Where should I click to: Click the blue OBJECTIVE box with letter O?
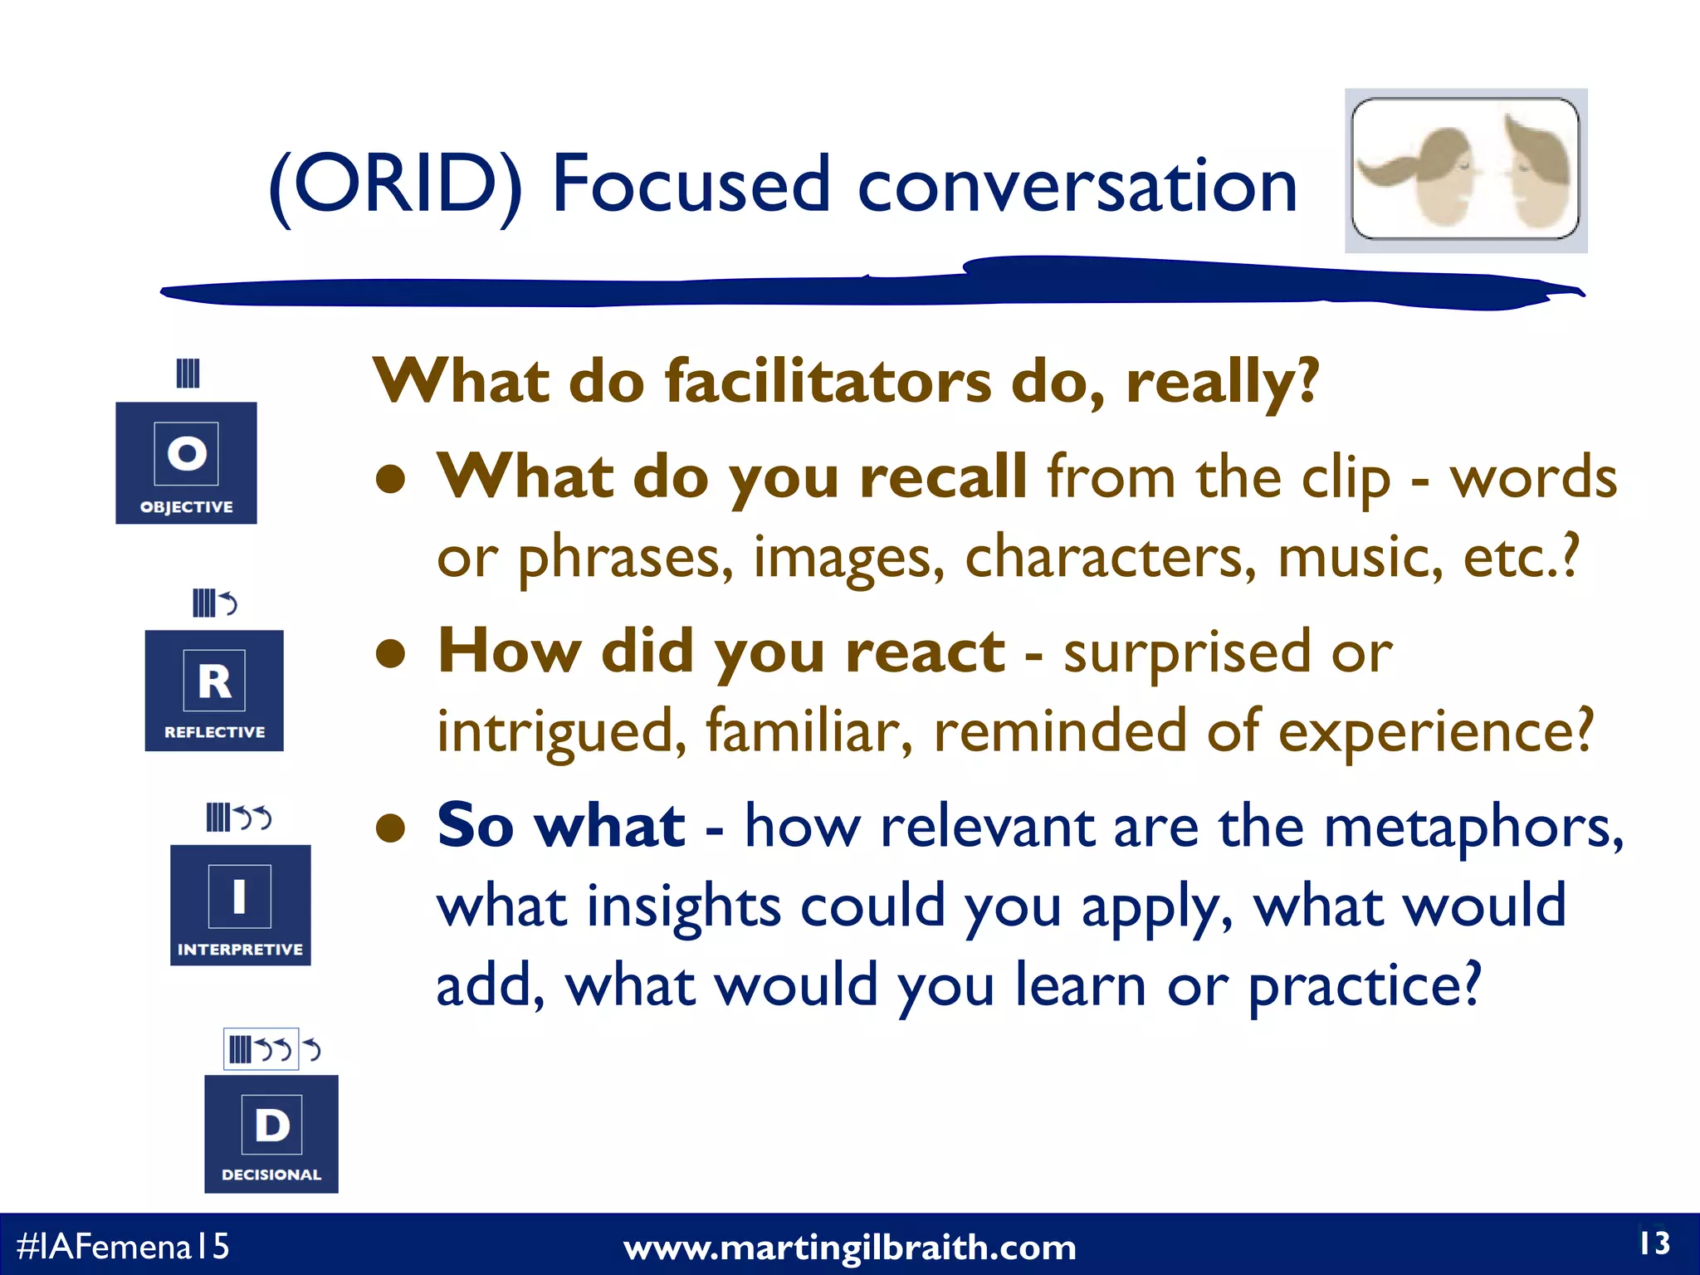(x=186, y=462)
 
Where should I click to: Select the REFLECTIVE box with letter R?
(x=214, y=690)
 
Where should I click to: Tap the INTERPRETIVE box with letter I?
(x=240, y=905)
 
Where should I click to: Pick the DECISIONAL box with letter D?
(x=271, y=1134)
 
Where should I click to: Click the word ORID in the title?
(x=396, y=184)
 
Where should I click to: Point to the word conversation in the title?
(x=1077, y=186)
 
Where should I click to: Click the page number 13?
(x=1654, y=1243)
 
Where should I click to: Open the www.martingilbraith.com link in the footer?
(x=849, y=1248)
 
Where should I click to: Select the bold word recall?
(x=943, y=477)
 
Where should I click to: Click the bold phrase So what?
(x=561, y=826)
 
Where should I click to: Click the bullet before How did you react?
(x=390, y=653)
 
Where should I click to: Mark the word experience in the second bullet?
(x=1434, y=731)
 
